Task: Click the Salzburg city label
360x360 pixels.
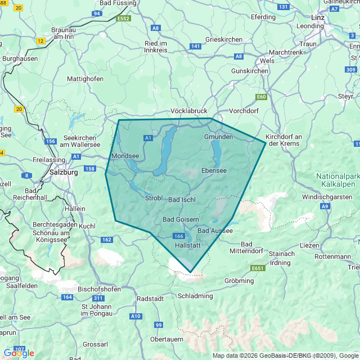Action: pos(64,173)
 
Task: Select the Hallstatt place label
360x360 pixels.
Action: pos(188,246)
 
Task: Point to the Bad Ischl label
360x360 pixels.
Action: pos(182,200)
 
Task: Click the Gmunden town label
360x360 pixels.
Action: pos(218,137)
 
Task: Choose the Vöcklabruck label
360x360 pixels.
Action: pos(189,111)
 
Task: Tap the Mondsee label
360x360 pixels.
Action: pos(125,156)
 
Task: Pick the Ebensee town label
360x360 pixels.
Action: pos(214,170)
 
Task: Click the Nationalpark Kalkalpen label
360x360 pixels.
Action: pos(337,180)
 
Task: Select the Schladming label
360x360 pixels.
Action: pos(195,296)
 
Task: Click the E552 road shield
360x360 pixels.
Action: pos(123,19)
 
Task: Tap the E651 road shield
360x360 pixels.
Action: pos(258,268)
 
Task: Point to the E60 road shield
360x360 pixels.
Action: pos(261,97)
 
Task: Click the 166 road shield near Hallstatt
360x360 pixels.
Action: pos(179,236)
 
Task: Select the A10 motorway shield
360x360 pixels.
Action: pos(136,316)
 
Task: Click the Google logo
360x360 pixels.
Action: pos(19,353)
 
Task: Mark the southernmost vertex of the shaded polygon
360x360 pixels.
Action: pos(191,272)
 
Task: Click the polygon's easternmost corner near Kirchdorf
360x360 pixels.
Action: pos(265,143)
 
